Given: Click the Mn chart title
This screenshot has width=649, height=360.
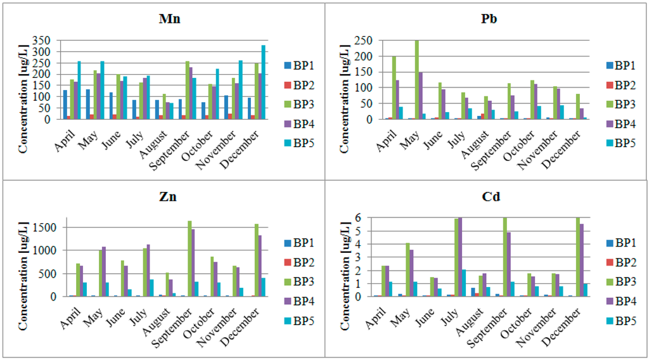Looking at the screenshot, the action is [169, 18].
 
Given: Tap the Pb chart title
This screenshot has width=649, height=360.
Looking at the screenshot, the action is [489, 18].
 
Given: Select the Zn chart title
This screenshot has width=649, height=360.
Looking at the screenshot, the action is [167, 196].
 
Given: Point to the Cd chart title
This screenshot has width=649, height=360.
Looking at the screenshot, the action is [491, 196].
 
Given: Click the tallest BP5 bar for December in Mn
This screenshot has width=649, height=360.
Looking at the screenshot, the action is [263, 82].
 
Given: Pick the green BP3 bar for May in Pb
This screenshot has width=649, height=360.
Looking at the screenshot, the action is [417, 80].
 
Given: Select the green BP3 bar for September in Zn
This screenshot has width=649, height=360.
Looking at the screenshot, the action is [190, 259].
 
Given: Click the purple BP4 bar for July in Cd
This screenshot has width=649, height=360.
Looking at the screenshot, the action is [460, 257].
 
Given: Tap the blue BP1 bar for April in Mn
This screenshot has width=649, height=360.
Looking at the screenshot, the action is [65, 105].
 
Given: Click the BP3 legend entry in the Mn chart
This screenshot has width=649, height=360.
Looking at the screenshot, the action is [299, 105].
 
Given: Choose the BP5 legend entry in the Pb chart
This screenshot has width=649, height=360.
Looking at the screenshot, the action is [620, 143].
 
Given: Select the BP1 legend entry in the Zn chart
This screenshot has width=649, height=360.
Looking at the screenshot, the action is [299, 243].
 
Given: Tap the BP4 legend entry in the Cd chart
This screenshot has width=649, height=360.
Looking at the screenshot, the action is [620, 301].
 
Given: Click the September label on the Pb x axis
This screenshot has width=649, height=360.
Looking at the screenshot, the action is [491, 150].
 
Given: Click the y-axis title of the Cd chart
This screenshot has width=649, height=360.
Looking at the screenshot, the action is [345, 276].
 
